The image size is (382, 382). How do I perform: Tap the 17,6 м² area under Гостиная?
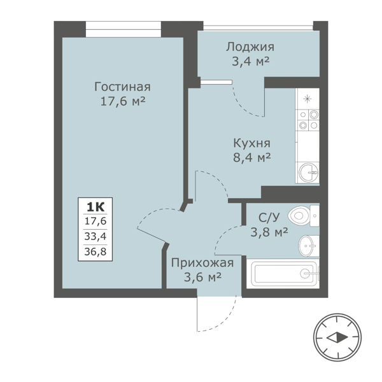(x=122, y=102)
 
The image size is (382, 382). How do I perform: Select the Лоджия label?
(x=250, y=46)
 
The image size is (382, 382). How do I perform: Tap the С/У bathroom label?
(x=262, y=216)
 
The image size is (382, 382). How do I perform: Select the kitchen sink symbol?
(x=309, y=171)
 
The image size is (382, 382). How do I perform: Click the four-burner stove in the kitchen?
(x=309, y=121)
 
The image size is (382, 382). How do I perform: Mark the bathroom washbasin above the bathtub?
(x=308, y=243)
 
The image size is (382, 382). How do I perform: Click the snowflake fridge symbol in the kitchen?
(x=309, y=98)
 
